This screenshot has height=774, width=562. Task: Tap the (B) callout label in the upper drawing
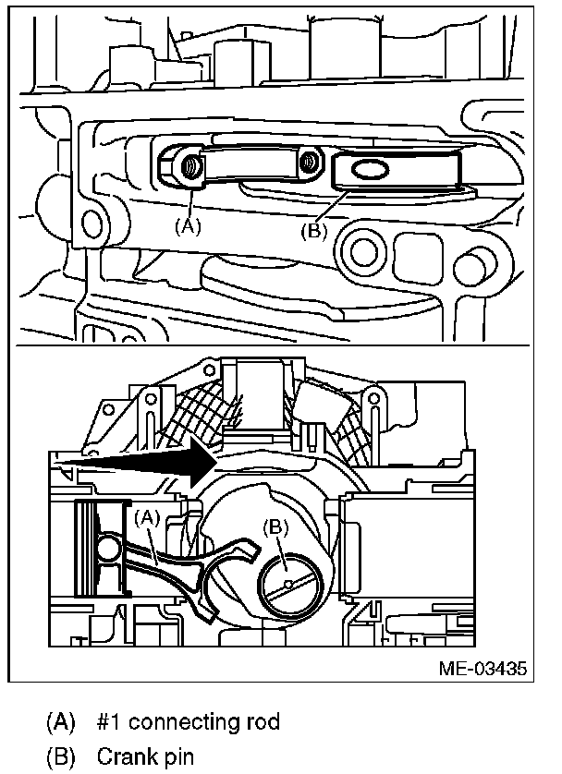[313, 230]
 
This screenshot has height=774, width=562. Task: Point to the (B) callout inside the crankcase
[276, 527]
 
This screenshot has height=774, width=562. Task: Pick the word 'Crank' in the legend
[122, 757]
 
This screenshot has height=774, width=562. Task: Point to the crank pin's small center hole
[289, 584]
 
